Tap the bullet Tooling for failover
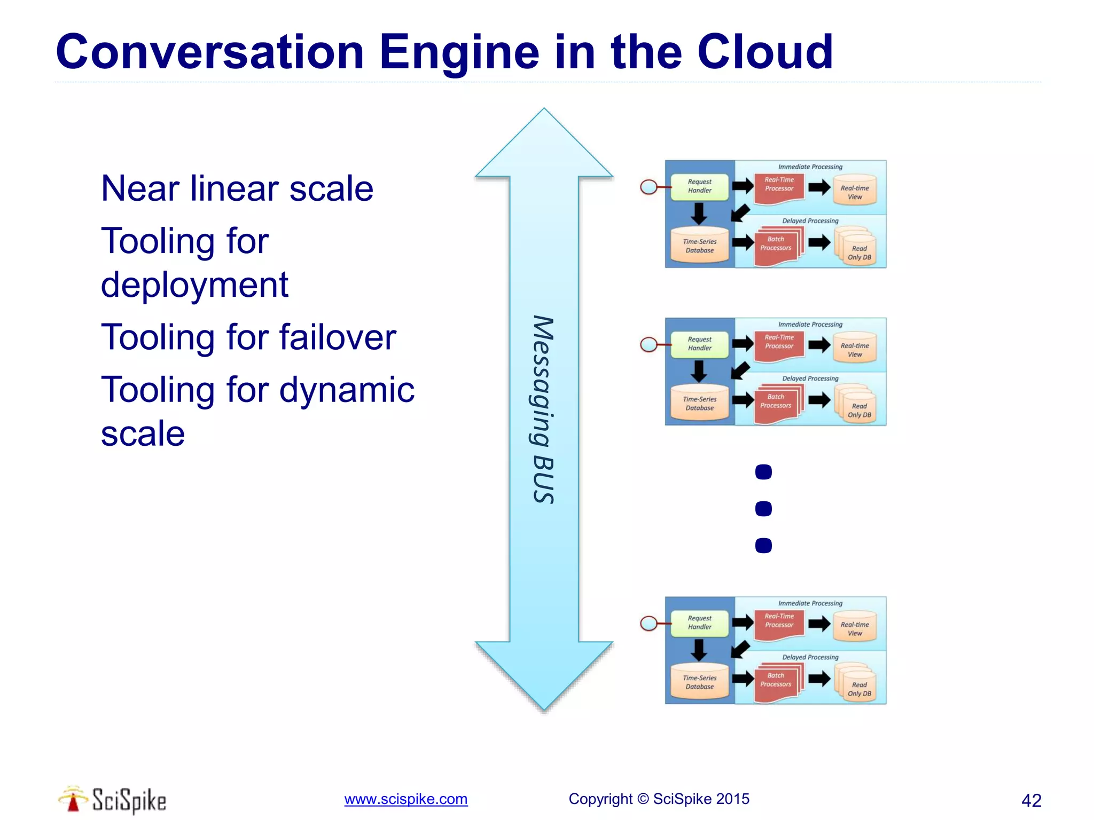248,337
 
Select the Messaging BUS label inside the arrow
543,409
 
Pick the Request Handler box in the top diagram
699,186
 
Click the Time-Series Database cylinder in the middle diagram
699,404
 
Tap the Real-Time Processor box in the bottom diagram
779,621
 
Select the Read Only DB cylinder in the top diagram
858,250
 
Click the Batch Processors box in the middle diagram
776,402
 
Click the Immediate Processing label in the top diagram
810,167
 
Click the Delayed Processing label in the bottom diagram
810,657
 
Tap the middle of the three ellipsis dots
763,509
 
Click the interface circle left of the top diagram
648,187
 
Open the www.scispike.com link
405,799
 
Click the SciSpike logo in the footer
113,800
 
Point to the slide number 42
1031,800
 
